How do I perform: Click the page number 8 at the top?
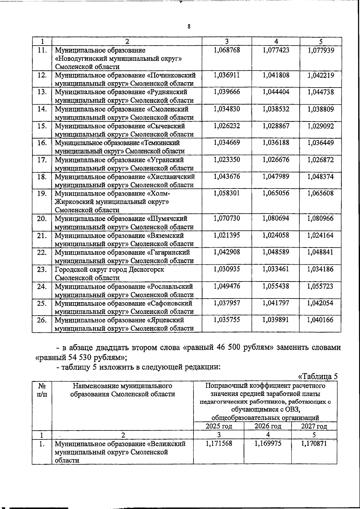pos(189,27)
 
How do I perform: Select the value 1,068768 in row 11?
pos(227,50)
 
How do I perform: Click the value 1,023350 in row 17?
pos(227,160)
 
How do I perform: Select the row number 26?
pos(42,320)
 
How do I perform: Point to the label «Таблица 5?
pos(317,377)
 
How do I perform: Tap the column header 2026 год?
pos(268,426)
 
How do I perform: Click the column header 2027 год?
pos(314,426)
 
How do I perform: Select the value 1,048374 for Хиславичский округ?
pos(320,177)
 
